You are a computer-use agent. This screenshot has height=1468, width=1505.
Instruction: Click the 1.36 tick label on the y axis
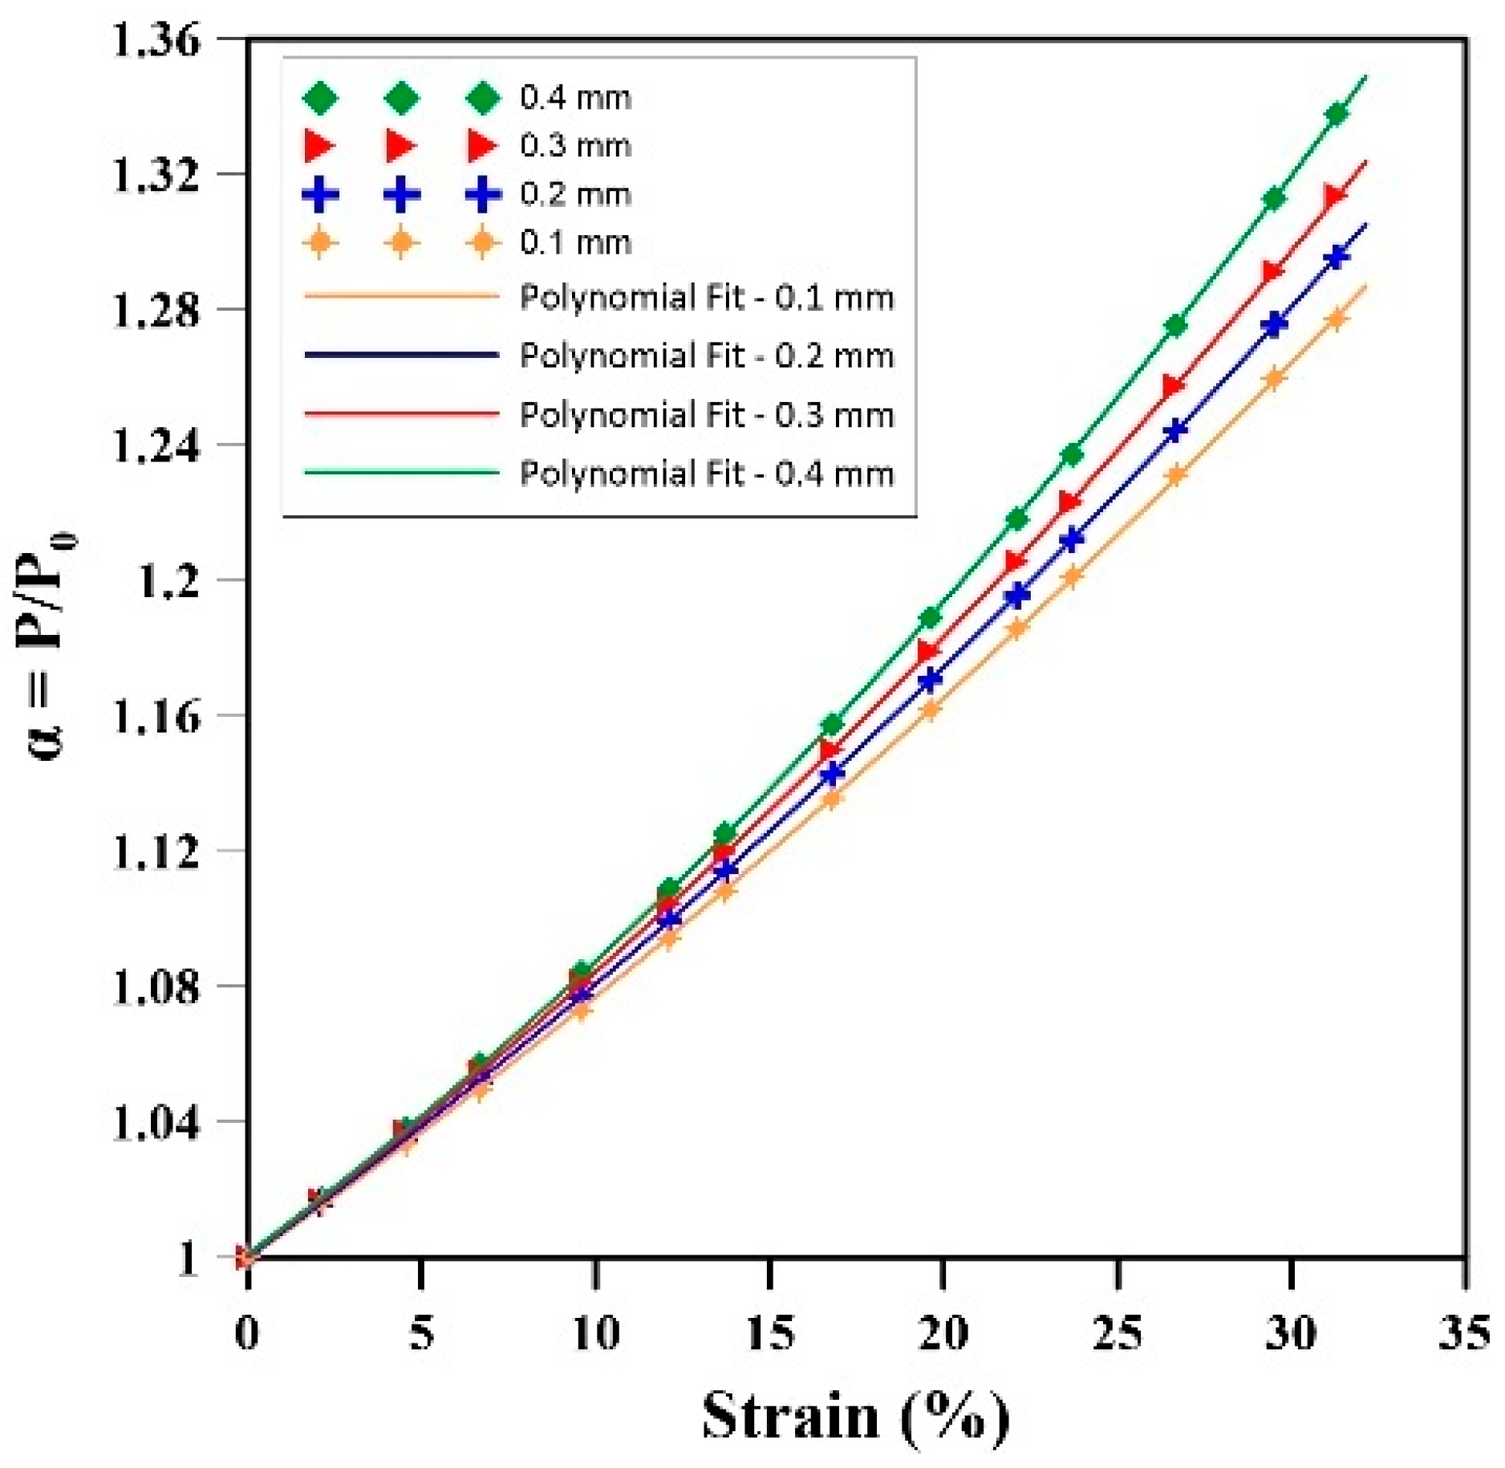click(156, 40)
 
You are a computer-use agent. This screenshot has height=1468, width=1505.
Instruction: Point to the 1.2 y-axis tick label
click(169, 581)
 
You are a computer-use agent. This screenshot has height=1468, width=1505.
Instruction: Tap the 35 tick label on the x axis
click(1465, 1333)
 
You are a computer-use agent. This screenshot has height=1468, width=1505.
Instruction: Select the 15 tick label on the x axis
click(770, 1333)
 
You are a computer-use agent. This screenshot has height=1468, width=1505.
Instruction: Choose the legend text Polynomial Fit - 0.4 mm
click(707, 474)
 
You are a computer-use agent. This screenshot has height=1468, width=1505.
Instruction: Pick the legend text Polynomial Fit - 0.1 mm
click(707, 298)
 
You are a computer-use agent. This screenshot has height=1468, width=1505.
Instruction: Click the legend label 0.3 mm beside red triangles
click(576, 146)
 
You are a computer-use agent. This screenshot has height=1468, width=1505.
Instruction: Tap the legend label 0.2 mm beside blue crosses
click(576, 194)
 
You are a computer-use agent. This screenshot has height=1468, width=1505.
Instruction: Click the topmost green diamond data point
click(1337, 114)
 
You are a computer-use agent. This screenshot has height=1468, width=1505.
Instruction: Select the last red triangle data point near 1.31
click(1336, 196)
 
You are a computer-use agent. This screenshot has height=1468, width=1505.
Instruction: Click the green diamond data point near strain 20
click(931, 618)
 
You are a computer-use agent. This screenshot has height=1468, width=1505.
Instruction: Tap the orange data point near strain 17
click(832, 799)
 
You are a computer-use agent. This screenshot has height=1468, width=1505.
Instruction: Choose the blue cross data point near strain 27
click(1176, 431)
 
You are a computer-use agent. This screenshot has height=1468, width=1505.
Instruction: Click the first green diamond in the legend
click(320, 98)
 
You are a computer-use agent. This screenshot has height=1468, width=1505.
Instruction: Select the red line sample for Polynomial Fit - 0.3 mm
click(401, 414)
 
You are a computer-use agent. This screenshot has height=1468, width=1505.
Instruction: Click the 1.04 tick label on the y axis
click(156, 1122)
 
